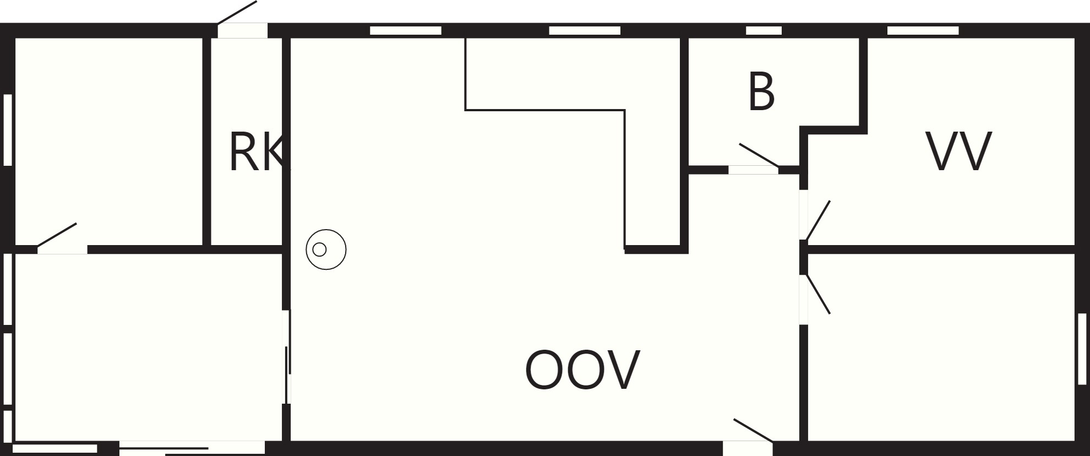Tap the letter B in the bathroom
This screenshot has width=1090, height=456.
[x=761, y=91]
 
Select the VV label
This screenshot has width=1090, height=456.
[x=959, y=151]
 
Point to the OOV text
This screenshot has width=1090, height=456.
[x=582, y=370]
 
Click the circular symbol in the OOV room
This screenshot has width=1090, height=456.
[x=326, y=249]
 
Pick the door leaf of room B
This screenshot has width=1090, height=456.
[x=759, y=155]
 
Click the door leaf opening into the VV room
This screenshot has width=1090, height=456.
[x=818, y=220]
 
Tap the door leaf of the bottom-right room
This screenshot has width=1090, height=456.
[x=818, y=294]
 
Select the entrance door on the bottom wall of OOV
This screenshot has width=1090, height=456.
[x=753, y=430]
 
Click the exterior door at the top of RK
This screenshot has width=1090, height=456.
[x=237, y=12]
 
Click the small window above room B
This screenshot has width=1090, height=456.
[x=764, y=30]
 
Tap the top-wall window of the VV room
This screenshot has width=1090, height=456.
[x=923, y=30]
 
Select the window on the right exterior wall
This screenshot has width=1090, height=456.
[x=1082, y=349]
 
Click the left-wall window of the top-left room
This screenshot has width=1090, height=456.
[x=8, y=130]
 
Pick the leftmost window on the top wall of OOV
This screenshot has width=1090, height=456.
[x=406, y=30]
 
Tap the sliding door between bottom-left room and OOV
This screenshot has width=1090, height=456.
[x=287, y=357]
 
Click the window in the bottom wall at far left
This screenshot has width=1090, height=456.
[x=54, y=449]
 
